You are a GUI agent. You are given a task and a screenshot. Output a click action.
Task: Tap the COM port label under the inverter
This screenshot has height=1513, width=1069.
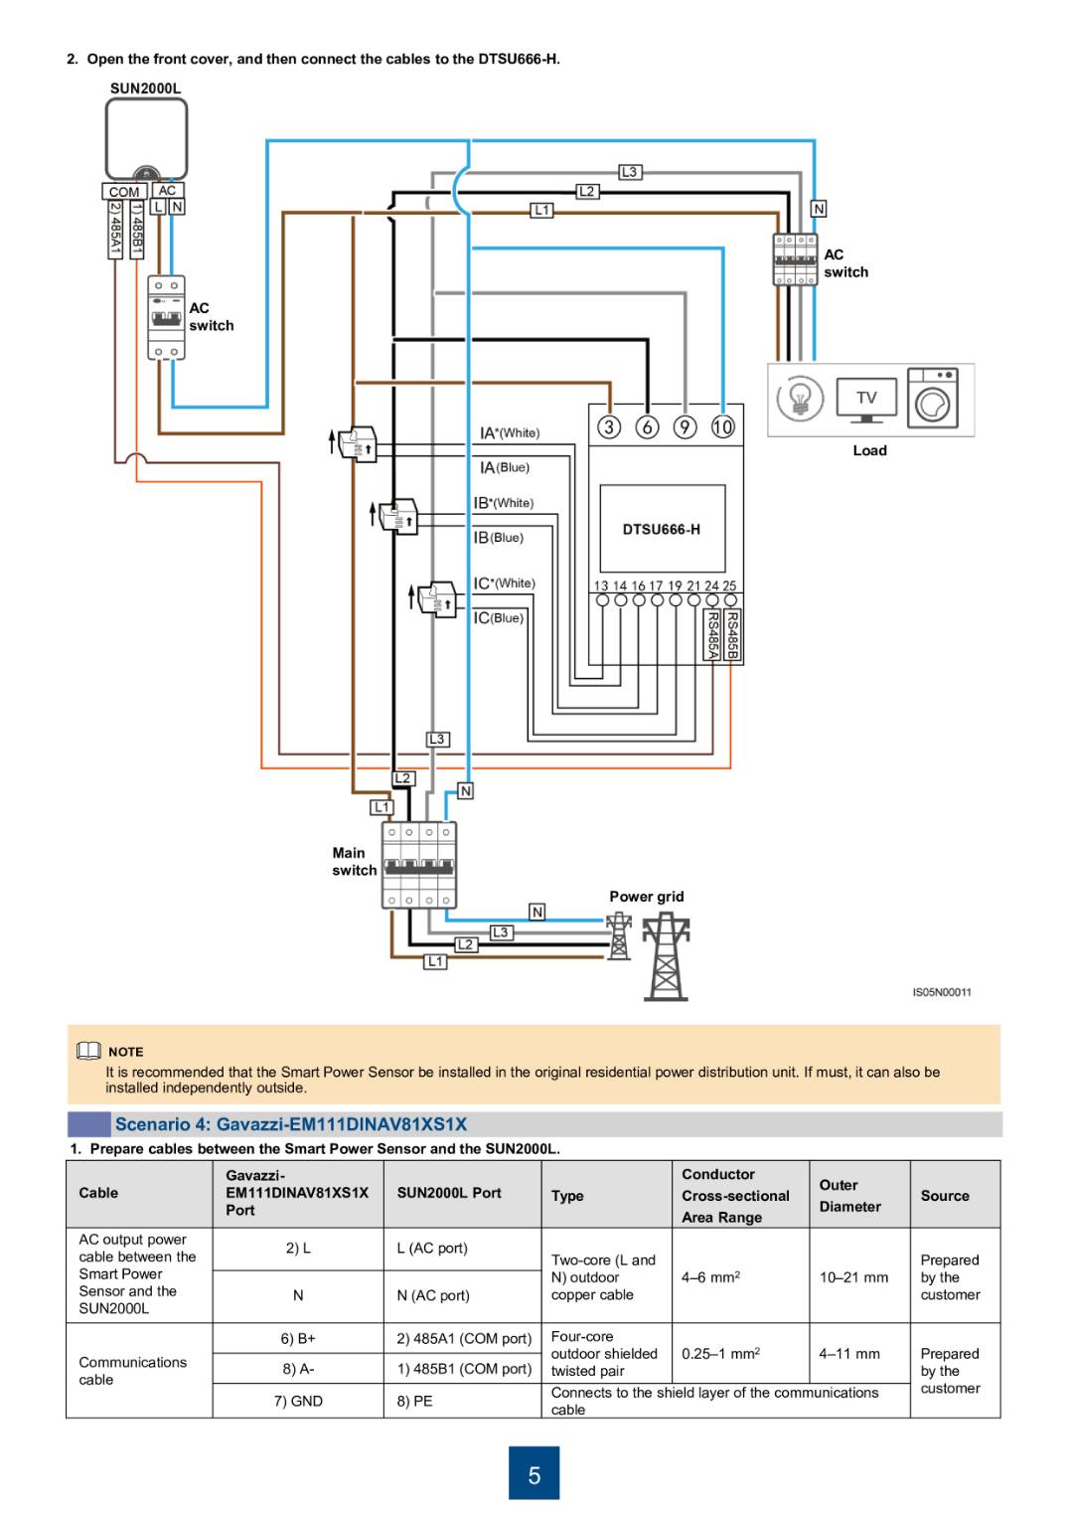coord(124,192)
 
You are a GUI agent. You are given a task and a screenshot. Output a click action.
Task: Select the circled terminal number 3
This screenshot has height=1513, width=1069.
coord(609,426)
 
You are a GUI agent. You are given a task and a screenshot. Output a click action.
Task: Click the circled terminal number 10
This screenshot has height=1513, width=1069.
coord(722,426)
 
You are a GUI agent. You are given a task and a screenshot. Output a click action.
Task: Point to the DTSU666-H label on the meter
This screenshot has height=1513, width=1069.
coord(661,529)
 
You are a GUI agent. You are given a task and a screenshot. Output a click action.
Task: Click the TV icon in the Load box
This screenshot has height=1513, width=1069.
coord(866,399)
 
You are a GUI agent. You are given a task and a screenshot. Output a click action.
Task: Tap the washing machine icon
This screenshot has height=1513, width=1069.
coord(933,399)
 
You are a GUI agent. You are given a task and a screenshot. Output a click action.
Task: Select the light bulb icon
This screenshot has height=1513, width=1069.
coord(800,399)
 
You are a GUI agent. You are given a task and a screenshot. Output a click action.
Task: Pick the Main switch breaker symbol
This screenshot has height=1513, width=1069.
coord(419,865)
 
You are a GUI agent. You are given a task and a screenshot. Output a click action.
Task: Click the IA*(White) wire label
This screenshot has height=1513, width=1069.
coord(510,432)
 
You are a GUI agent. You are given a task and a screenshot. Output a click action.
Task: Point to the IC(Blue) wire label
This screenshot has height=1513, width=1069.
coord(498,618)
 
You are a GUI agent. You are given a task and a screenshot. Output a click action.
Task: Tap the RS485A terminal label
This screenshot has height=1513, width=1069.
coord(712,634)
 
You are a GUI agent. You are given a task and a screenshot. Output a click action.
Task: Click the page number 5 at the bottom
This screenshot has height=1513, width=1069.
coord(534,1474)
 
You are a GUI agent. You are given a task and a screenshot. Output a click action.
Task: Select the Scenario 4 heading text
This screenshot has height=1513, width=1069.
coord(290,1124)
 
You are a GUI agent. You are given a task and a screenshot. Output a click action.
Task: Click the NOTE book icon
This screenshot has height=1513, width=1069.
coord(88,1051)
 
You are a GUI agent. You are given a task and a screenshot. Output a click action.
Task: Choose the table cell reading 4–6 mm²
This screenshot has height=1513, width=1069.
coord(710,1277)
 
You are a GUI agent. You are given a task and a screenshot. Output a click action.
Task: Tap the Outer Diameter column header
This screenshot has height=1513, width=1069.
coord(849,1195)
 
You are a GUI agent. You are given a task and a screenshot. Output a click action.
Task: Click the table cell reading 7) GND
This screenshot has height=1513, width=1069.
coord(298,1401)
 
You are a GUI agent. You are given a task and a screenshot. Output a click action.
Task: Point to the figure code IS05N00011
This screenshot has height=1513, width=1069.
coord(941,992)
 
